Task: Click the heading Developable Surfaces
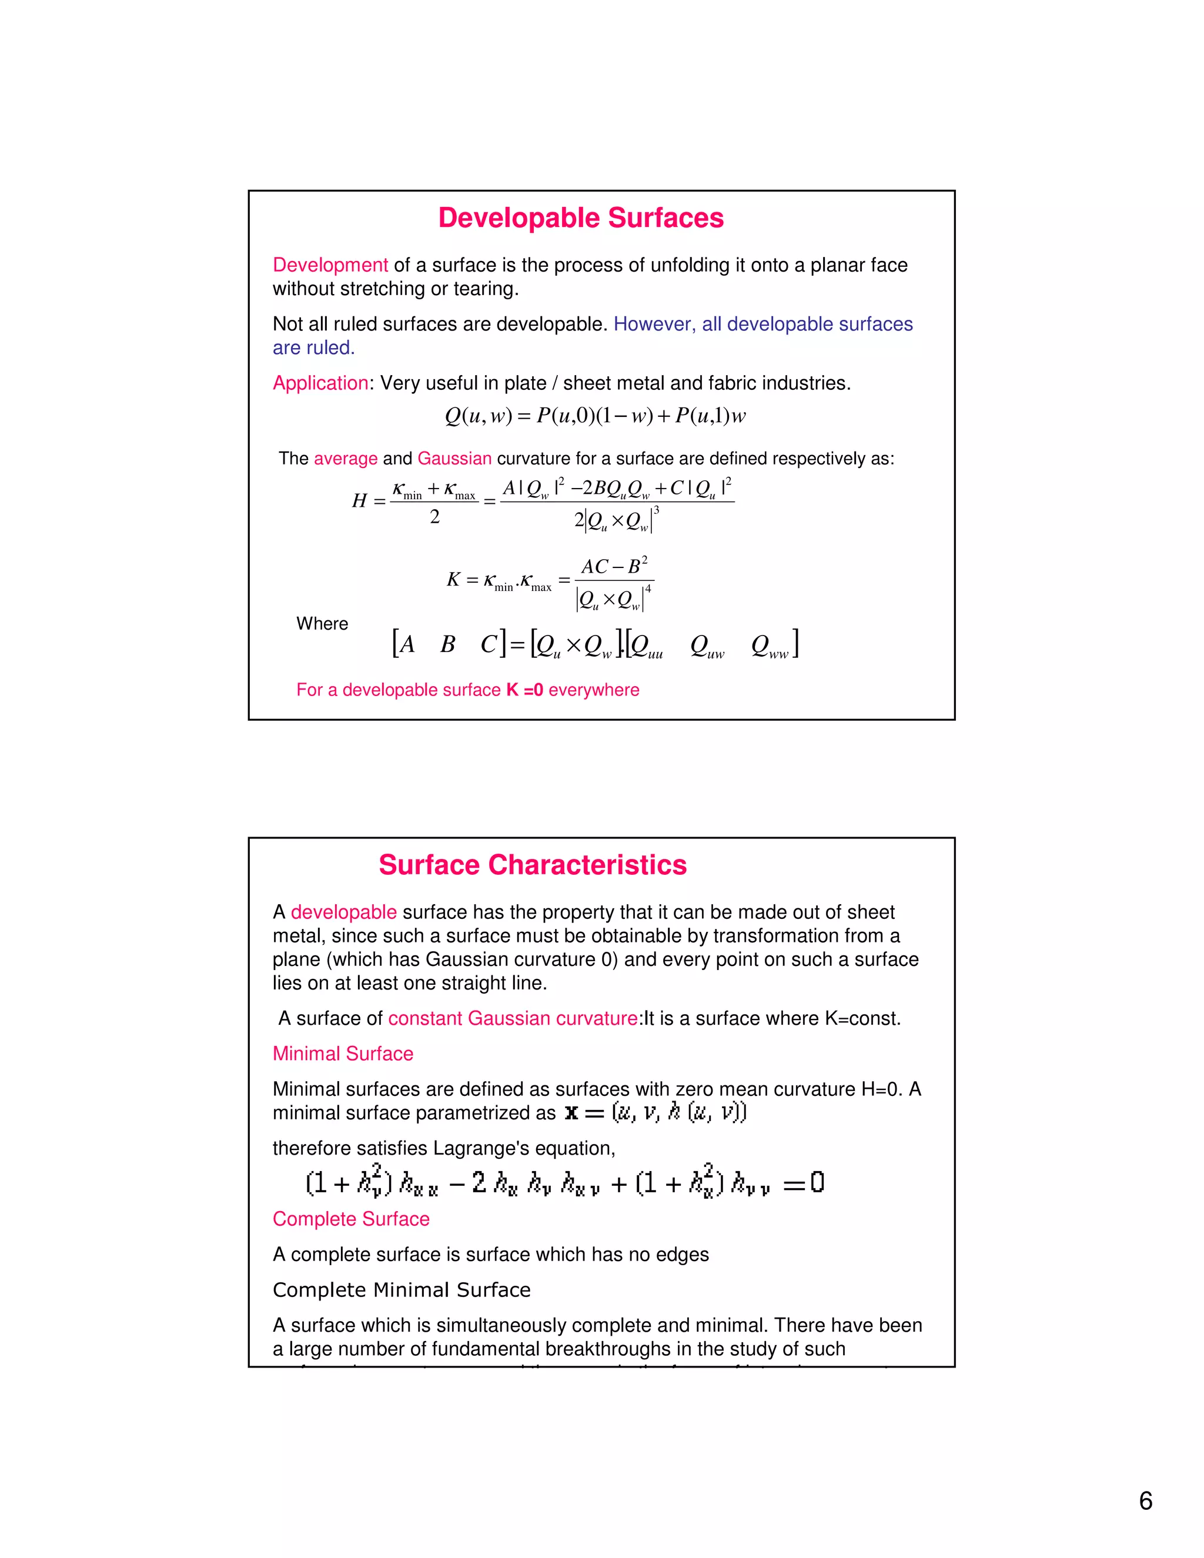click(x=581, y=218)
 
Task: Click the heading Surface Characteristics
click(x=532, y=865)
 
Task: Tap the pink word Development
click(x=330, y=265)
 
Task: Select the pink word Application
click(x=320, y=383)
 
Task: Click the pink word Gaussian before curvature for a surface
click(x=454, y=459)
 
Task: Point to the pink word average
click(x=345, y=459)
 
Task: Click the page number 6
click(x=1146, y=1501)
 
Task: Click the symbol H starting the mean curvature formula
click(x=359, y=501)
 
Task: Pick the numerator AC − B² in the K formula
click(x=613, y=566)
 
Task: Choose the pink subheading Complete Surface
click(x=351, y=1219)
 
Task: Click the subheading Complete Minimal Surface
click(x=402, y=1290)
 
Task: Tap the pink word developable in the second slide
click(x=343, y=912)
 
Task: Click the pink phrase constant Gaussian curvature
click(x=513, y=1019)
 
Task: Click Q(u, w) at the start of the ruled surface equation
click(x=478, y=416)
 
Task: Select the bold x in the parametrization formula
click(x=571, y=1113)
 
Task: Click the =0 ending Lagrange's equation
click(x=804, y=1184)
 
